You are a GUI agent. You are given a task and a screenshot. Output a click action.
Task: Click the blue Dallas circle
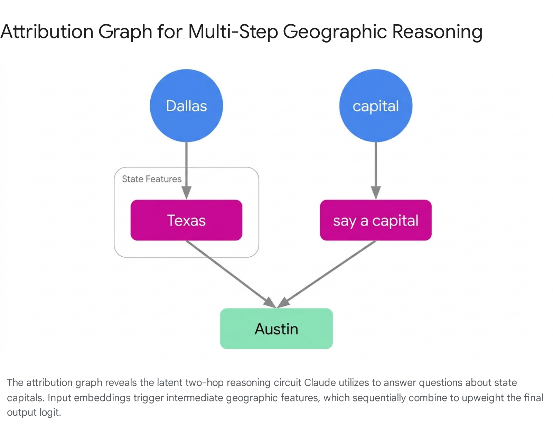pyautogui.click(x=186, y=106)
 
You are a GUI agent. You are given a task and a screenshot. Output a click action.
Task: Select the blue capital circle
pyautogui.click(x=376, y=106)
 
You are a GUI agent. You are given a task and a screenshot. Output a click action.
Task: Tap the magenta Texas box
pyautogui.click(x=186, y=220)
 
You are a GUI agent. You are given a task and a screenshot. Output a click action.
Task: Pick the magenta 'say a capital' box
pyautogui.click(x=376, y=220)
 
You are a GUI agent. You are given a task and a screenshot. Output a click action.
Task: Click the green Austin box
pyautogui.click(x=276, y=329)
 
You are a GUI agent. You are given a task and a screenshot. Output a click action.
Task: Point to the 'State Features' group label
pyautogui.click(x=152, y=179)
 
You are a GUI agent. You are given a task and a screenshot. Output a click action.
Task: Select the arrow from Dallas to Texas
pyautogui.click(x=186, y=170)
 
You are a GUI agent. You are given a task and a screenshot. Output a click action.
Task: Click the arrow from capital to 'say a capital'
pyautogui.click(x=376, y=170)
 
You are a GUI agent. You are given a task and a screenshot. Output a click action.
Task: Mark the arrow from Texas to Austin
pyautogui.click(x=231, y=274)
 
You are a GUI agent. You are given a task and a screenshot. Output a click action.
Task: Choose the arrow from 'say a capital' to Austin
pyautogui.click(x=326, y=274)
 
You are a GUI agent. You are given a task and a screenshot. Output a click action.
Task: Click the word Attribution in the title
pyautogui.click(x=47, y=31)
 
